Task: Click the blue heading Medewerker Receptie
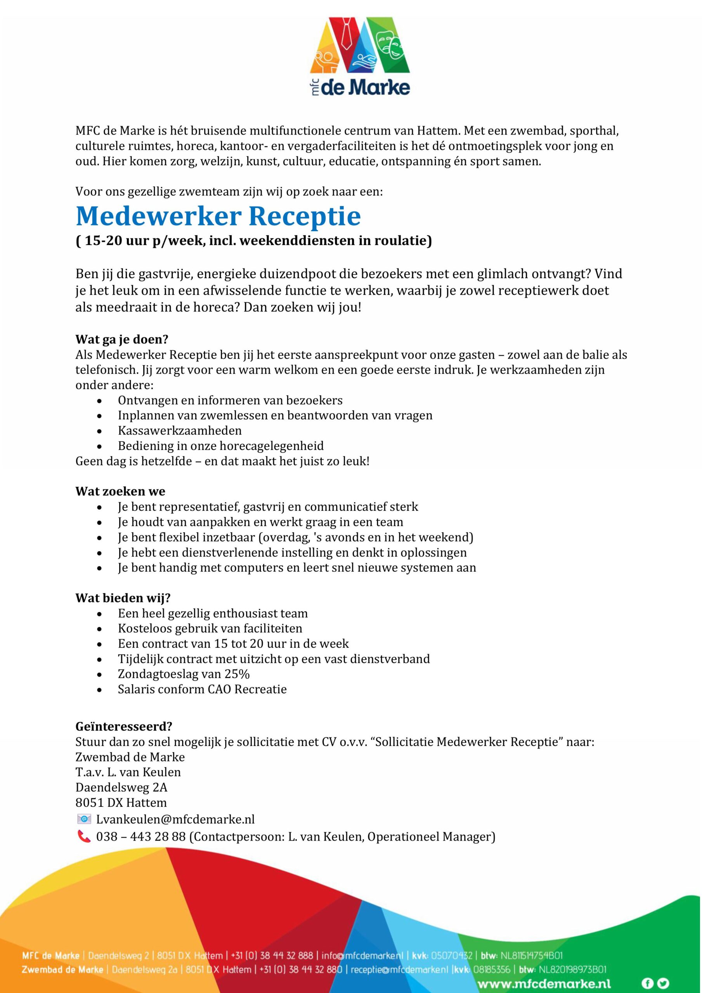pyautogui.click(x=218, y=216)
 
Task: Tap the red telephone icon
pyautogui.click(x=83, y=836)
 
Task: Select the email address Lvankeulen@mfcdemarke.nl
pyautogui.click(x=175, y=819)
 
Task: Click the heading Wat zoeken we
pyautogui.click(x=120, y=491)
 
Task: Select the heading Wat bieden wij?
pyautogui.click(x=123, y=598)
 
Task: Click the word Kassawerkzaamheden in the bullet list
pyautogui.click(x=180, y=431)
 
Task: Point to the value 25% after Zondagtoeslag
pyautogui.click(x=237, y=674)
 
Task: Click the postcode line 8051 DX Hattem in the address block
pyautogui.click(x=121, y=803)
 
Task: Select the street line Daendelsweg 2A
pyautogui.click(x=121, y=787)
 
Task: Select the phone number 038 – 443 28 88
pyautogui.click(x=140, y=836)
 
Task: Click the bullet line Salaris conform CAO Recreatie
pyautogui.click(x=202, y=689)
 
